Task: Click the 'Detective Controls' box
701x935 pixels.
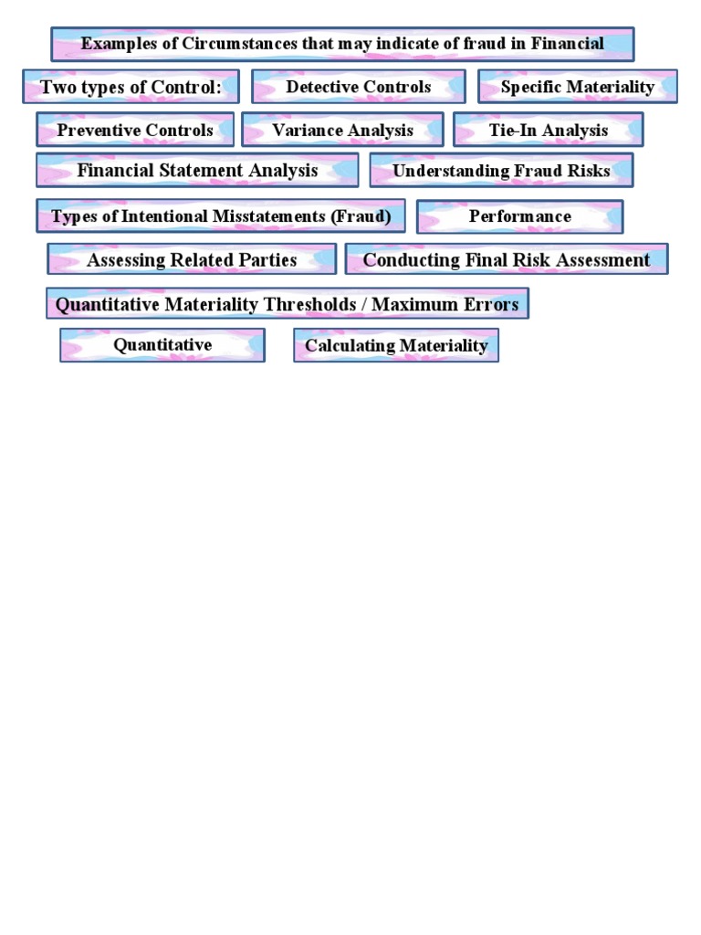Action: [x=359, y=87]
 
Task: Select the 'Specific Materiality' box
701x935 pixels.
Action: [x=577, y=87]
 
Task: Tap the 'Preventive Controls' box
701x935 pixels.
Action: [x=135, y=130]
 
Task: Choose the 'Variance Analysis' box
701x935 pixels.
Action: [x=342, y=130]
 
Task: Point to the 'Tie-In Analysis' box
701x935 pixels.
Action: [x=548, y=130]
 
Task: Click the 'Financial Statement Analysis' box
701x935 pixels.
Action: [x=197, y=170]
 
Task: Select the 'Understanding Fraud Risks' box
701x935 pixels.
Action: [x=501, y=171]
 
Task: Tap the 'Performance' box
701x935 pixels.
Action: [x=519, y=216]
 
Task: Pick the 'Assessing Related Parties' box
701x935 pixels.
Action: [x=192, y=259]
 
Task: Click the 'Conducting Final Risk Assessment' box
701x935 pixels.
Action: [x=507, y=259]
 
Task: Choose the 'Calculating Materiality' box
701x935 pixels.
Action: [x=396, y=345]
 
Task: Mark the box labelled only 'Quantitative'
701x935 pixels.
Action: [x=162, y=344]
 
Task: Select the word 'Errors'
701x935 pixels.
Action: [x=493, y=304]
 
